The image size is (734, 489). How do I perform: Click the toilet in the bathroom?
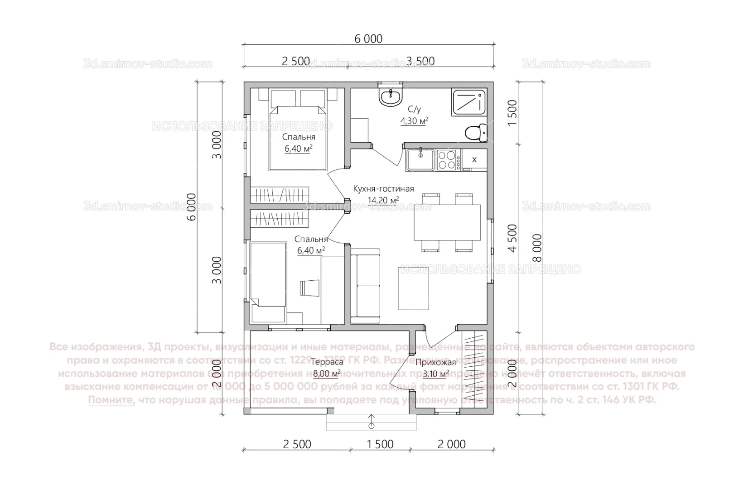[474, 133]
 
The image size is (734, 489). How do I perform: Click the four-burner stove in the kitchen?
[446, 159]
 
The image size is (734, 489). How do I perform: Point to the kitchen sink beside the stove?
[420, 159]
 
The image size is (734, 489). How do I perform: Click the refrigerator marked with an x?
[474, 159]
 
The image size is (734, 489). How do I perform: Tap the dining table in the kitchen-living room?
[447, 222]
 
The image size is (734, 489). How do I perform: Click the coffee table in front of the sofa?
[413, 288]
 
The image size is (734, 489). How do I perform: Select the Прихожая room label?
[435, 362]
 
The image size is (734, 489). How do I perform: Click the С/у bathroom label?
[414, 109]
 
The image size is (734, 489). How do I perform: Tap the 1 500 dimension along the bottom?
[380, 444]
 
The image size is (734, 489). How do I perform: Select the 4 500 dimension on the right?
[512, 238]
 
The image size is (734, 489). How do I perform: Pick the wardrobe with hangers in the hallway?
[474, 369]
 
